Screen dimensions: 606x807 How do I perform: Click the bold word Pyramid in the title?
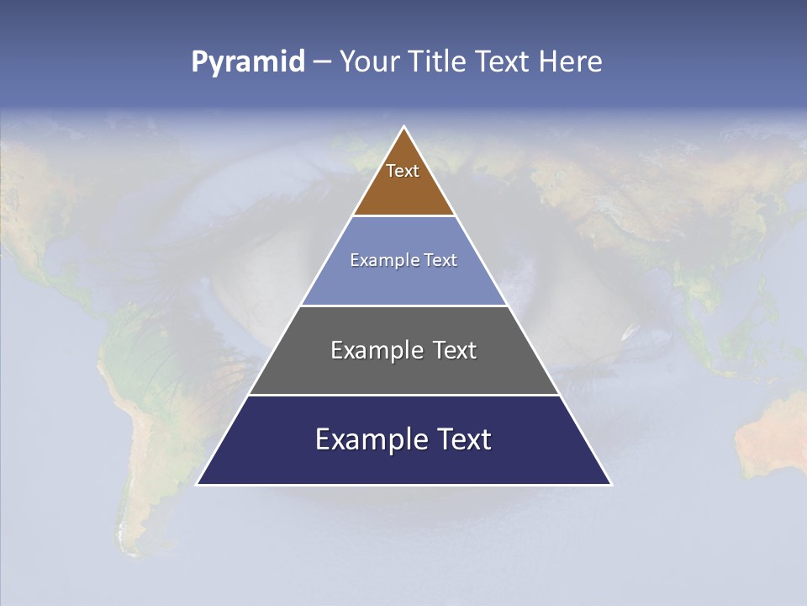[x=248, y=62]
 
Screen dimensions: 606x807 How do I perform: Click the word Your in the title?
[x=368, y=62]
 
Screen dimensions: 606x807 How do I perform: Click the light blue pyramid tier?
[x=403, y=282]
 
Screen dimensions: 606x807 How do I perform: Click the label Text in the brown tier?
[x=403, y=171]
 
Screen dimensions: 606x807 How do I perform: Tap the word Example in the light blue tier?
[x=377, y=260]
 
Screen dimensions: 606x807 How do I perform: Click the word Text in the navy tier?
[x=462, y=439]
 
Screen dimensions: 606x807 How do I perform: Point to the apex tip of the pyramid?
[x=404, y=128]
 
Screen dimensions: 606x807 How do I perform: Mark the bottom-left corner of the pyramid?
[x=198, y=484]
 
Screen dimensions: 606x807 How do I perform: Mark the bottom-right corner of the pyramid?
[x=610, y=484]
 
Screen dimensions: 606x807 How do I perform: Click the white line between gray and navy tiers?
[x=403, y=395]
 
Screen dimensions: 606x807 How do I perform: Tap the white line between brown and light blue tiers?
[x=403, y=215]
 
